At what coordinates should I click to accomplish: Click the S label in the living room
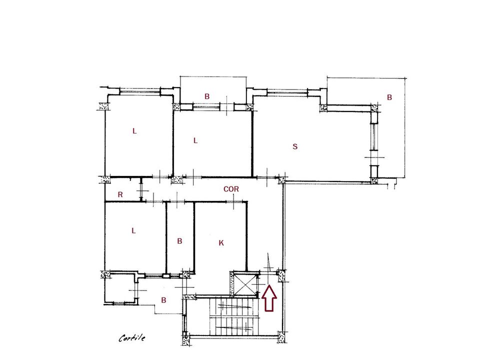click(295, 146)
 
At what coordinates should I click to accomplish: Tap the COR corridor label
click(231, 189)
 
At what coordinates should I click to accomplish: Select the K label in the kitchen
click(221, 243)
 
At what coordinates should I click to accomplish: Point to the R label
click(120, 194)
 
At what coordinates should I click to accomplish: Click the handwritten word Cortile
click(132, 337)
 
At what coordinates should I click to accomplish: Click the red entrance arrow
click(269, 298)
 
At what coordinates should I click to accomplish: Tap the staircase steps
click(234, 317)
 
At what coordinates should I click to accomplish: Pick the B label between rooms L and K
click(179, 241)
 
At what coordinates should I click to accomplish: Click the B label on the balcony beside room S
click(389, 97)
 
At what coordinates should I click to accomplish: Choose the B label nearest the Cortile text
click(164, 300)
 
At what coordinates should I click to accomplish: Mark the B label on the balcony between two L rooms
click(207, 96)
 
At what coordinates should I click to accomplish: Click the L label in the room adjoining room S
click(195, 140)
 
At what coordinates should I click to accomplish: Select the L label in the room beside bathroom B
click(133, 230)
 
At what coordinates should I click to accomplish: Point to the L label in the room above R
click(134, 131)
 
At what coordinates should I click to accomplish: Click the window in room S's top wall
click(287, 91)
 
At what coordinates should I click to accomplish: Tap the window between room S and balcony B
click(373, 136)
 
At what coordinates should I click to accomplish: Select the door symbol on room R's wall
click(141, 190)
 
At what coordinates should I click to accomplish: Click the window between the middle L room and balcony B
click(206, 107)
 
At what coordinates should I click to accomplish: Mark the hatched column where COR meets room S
click(282, 180)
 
